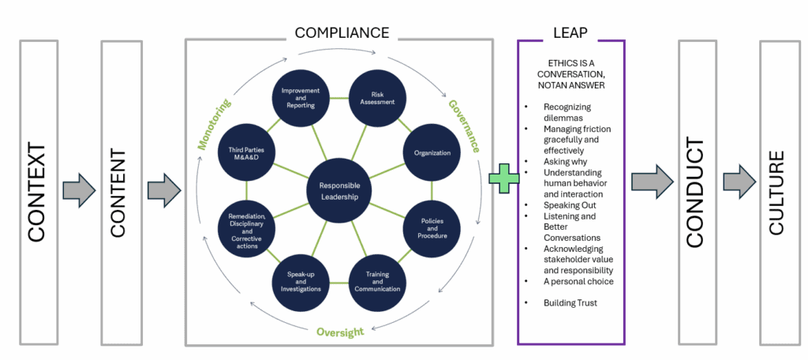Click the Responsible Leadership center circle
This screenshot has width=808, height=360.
(339, 191)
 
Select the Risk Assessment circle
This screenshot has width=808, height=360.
(377, 97)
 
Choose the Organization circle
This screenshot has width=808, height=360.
(431, 153)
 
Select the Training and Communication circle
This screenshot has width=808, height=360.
(377, 283)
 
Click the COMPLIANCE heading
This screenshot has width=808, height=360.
(342, 32)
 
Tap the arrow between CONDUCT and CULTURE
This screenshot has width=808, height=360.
(738, 182)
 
